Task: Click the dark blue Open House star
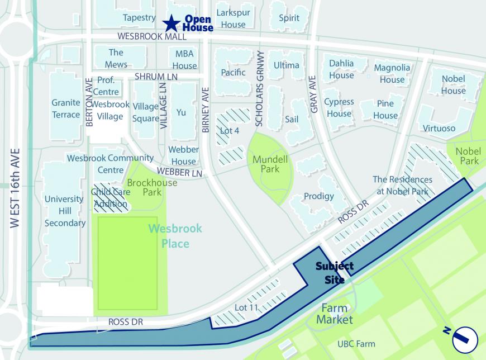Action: [171, 23]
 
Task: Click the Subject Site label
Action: [334, 272]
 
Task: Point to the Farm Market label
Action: [334, 314]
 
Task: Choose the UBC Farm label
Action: [356, 344]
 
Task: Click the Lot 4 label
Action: [230, 131]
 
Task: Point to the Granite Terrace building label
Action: [66, 108]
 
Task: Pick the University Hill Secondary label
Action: [65, 211]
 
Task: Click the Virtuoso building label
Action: [439, 128]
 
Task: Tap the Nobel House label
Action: [453, 84]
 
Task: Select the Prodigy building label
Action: [318, 196]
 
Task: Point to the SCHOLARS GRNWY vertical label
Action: [259, 88]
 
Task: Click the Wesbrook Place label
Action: [175, 236]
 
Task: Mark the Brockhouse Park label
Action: [152, 187]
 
